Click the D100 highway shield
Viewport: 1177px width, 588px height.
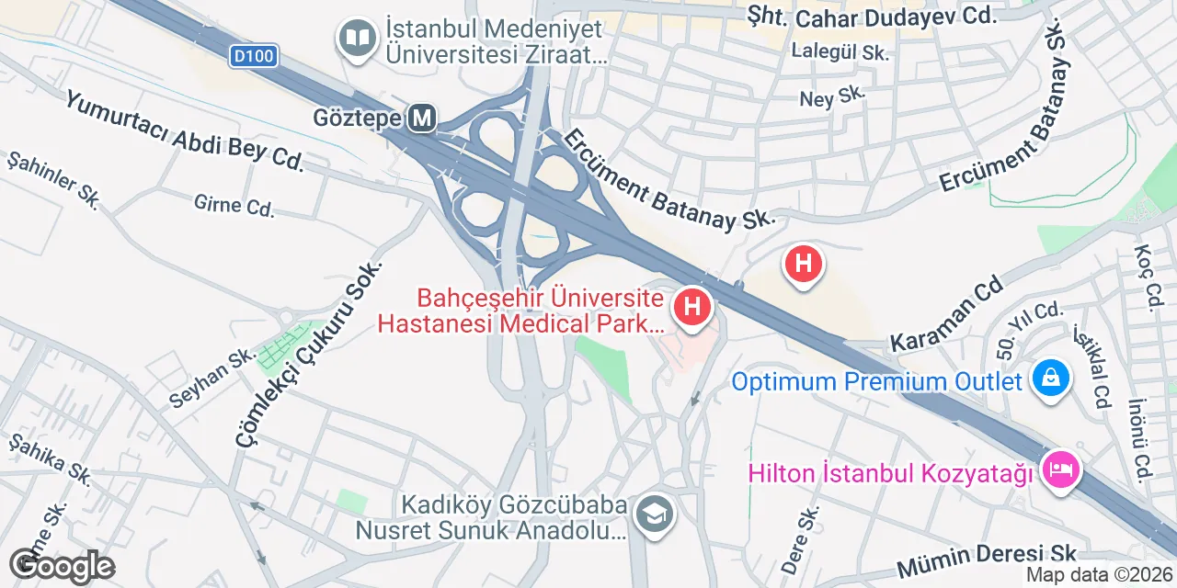tap(254, 57)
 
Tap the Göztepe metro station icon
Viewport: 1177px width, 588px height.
tap(423, 119)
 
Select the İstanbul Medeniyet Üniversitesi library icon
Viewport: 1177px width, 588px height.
tap(356, 39)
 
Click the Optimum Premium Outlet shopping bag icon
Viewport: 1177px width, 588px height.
tap(1049, 378)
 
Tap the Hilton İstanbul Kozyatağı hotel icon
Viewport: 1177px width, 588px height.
tap(1060, 470)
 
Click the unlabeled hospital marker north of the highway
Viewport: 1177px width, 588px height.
tap(803, 264)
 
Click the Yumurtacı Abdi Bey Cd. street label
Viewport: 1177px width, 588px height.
tap(184, 130)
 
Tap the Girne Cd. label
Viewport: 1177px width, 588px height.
tap(234, 204)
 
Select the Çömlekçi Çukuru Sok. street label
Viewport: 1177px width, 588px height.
tap(308, 353)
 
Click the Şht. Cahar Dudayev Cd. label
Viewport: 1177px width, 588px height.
tap(872, 16)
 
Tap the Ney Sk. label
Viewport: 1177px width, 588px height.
tap(833, 98)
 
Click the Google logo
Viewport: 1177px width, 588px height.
tap(63, 567)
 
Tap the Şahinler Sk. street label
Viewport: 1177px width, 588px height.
tap(53, 179)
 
